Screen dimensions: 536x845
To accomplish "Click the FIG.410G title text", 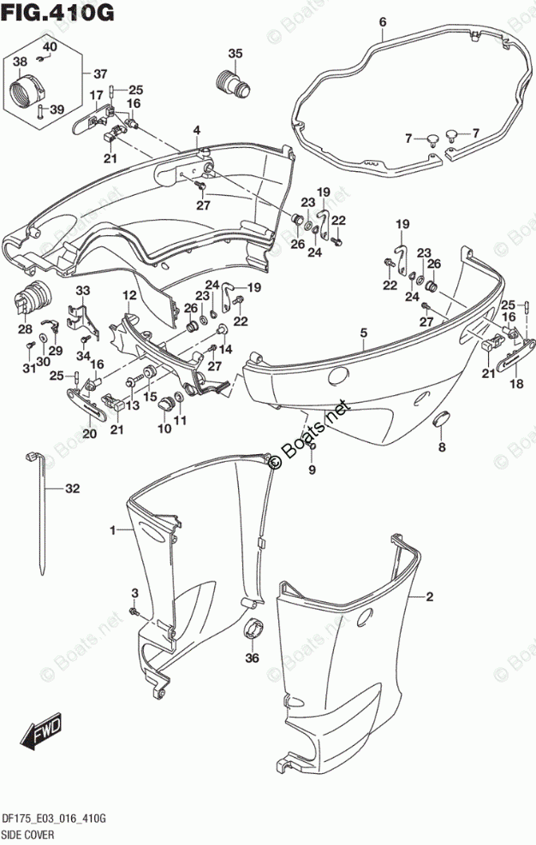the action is pos(57,14).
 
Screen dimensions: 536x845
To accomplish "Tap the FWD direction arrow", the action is pos(42,728).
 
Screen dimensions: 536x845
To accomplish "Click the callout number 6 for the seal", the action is pos(382,21).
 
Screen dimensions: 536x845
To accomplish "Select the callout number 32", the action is pos(72,489).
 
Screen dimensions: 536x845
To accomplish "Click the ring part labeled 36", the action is pos(252,631).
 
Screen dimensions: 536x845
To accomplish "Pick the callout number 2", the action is pos(431,596).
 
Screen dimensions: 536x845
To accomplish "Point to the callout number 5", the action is pos(363,333).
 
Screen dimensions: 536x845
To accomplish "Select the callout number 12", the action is pos(128,295).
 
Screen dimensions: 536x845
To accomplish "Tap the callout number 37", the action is pos(100,72).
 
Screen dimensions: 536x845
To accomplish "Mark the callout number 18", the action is pos(516,384).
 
